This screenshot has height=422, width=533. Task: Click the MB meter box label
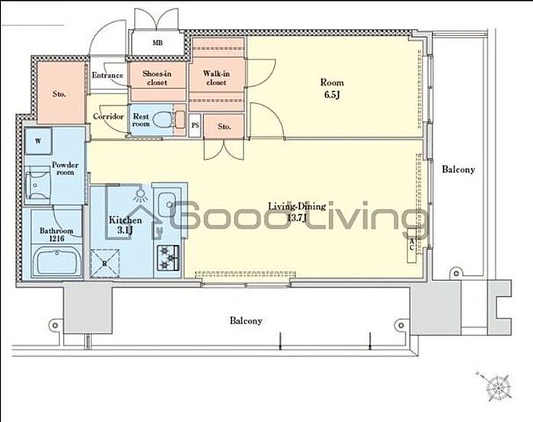pos(158,43)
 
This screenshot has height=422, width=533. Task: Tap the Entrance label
pos(107,75)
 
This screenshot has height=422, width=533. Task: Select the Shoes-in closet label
pos(157,78)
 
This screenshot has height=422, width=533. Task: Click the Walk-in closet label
pos(216,78)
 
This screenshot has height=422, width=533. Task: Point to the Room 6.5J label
pos(332,88)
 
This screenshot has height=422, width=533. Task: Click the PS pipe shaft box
pos(195,125)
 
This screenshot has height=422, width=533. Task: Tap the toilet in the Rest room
pos(164,120)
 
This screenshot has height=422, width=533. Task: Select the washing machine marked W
pos(38,141)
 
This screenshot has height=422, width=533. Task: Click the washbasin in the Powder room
pos(37,185)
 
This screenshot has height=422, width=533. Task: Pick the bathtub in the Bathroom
pos(56,261)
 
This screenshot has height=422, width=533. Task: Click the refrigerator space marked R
pos(105,263)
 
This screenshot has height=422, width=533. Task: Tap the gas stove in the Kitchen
pos(168,257)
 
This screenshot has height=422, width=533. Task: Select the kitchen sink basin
pos(167,203)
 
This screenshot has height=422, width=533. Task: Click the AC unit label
pos(412,245)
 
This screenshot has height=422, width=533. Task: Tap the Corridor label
pos(108,117)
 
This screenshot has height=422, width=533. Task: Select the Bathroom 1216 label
pos(56,235)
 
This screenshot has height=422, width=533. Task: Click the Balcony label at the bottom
pos(246,321)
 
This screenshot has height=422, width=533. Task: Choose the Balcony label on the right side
pos(458,169)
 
